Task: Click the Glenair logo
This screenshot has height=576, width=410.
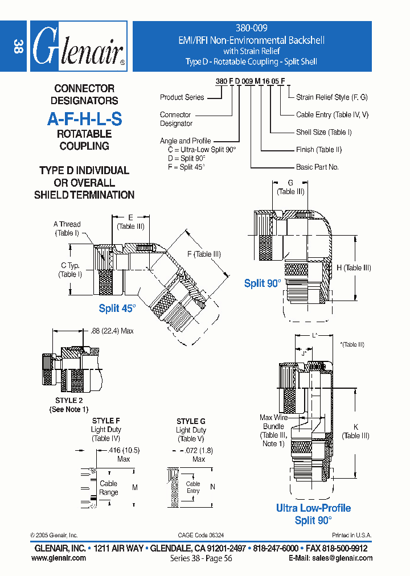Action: point(78,47)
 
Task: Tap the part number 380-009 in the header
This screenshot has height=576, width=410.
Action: point(252,28)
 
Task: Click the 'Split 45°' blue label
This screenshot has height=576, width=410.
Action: point(117,308)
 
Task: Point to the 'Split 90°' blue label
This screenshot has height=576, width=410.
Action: point(263,283)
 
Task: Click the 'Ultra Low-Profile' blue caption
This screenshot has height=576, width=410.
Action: point(313,508)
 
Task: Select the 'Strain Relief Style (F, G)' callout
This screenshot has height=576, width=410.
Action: point(331,97)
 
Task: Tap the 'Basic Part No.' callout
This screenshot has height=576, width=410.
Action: point(317,167)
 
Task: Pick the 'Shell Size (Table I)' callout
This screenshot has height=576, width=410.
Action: point(323,132)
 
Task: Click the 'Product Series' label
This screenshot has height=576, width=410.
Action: point(182,97)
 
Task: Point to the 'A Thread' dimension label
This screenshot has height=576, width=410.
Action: point(67,224)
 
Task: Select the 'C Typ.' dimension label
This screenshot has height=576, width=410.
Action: point(70,266)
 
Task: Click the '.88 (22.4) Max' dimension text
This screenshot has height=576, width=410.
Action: point(112,331)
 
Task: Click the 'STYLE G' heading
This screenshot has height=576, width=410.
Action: point(191,421)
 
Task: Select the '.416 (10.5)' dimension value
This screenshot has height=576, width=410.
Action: point(123,450)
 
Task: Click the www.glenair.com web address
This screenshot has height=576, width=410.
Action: point(59,558)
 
